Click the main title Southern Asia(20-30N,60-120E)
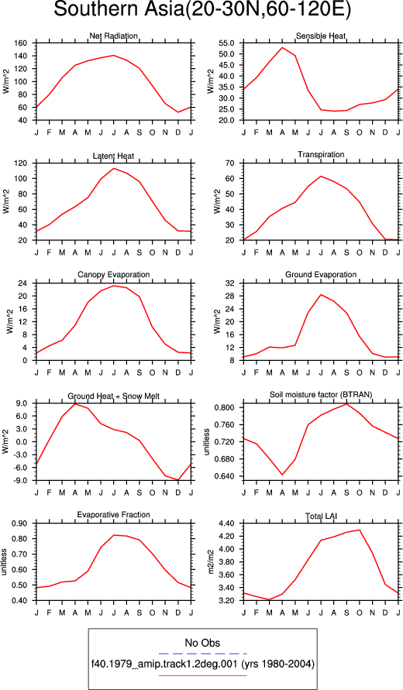[202, 9]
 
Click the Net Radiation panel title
[114, 36]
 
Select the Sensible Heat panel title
[321, 36]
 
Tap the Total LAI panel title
[321, 515]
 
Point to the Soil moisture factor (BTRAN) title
[321, 395]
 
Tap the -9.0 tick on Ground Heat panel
[22, 481]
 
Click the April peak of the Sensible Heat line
[282, 47]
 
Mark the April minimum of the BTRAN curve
[282, 475]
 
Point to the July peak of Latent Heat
[114, 168]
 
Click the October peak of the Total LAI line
[360, 530]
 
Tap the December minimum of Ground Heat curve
[178, 480]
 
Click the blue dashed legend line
[202, 654]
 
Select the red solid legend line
[202, 675]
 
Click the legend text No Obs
[202, 643]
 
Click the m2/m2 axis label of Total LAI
[211, 562]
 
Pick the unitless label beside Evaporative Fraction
[4, 562]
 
